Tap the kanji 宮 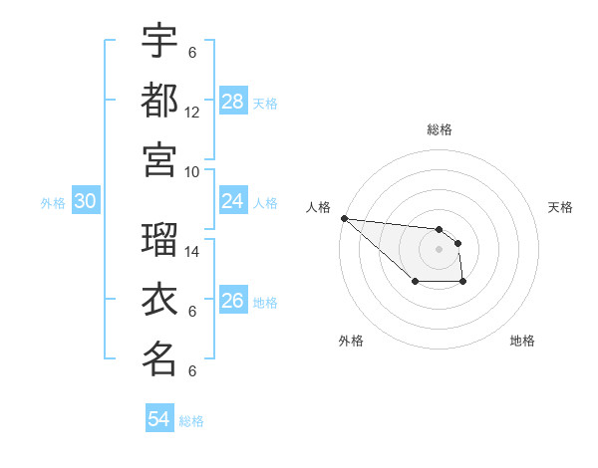159,159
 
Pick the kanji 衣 159,300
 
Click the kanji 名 159,359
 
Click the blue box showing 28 233,102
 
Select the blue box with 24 233,201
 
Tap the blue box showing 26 233,301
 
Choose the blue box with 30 86,201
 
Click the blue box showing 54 159,419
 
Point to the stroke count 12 192,113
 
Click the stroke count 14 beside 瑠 192,252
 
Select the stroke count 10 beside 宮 192,171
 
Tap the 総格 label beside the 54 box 191,421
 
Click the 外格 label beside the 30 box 53,203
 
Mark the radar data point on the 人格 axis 344,218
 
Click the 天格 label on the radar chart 561,207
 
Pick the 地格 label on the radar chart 522,341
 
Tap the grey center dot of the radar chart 439,248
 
